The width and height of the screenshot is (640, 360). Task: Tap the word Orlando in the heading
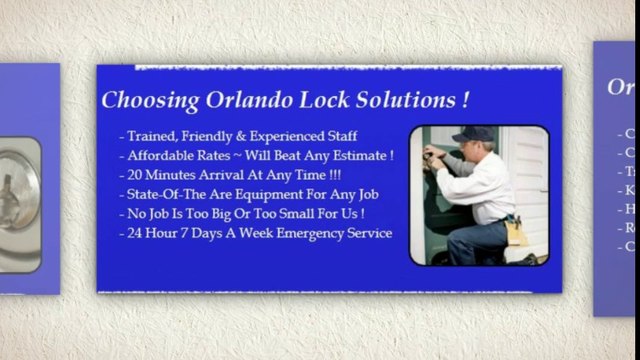(249, 101)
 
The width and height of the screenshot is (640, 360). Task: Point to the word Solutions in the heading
(404, 101)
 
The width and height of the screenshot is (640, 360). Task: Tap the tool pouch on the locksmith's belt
(516, 231)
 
